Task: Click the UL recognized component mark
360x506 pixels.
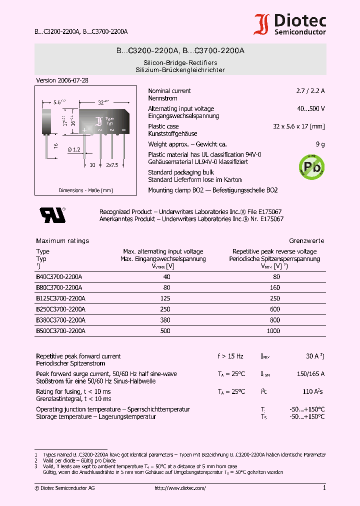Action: point(52,214)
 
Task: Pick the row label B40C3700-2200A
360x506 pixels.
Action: point(59,276)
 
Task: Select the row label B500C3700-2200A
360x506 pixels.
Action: point(60,331)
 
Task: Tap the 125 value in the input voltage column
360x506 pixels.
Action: point(164,298)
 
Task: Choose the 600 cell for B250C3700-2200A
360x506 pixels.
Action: point(274,309)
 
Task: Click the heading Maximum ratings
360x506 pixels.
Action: point(62,241)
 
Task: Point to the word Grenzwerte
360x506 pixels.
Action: point(306,241)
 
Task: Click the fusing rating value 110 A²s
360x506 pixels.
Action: point(313,391)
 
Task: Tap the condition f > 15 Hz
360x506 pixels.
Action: point(230,356)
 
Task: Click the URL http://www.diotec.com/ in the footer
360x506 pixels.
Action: point(180,487)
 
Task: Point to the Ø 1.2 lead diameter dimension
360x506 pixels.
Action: point(72,149)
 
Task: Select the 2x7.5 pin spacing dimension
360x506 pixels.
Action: point(112,164)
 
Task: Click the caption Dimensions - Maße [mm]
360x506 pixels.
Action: point(85,190)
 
